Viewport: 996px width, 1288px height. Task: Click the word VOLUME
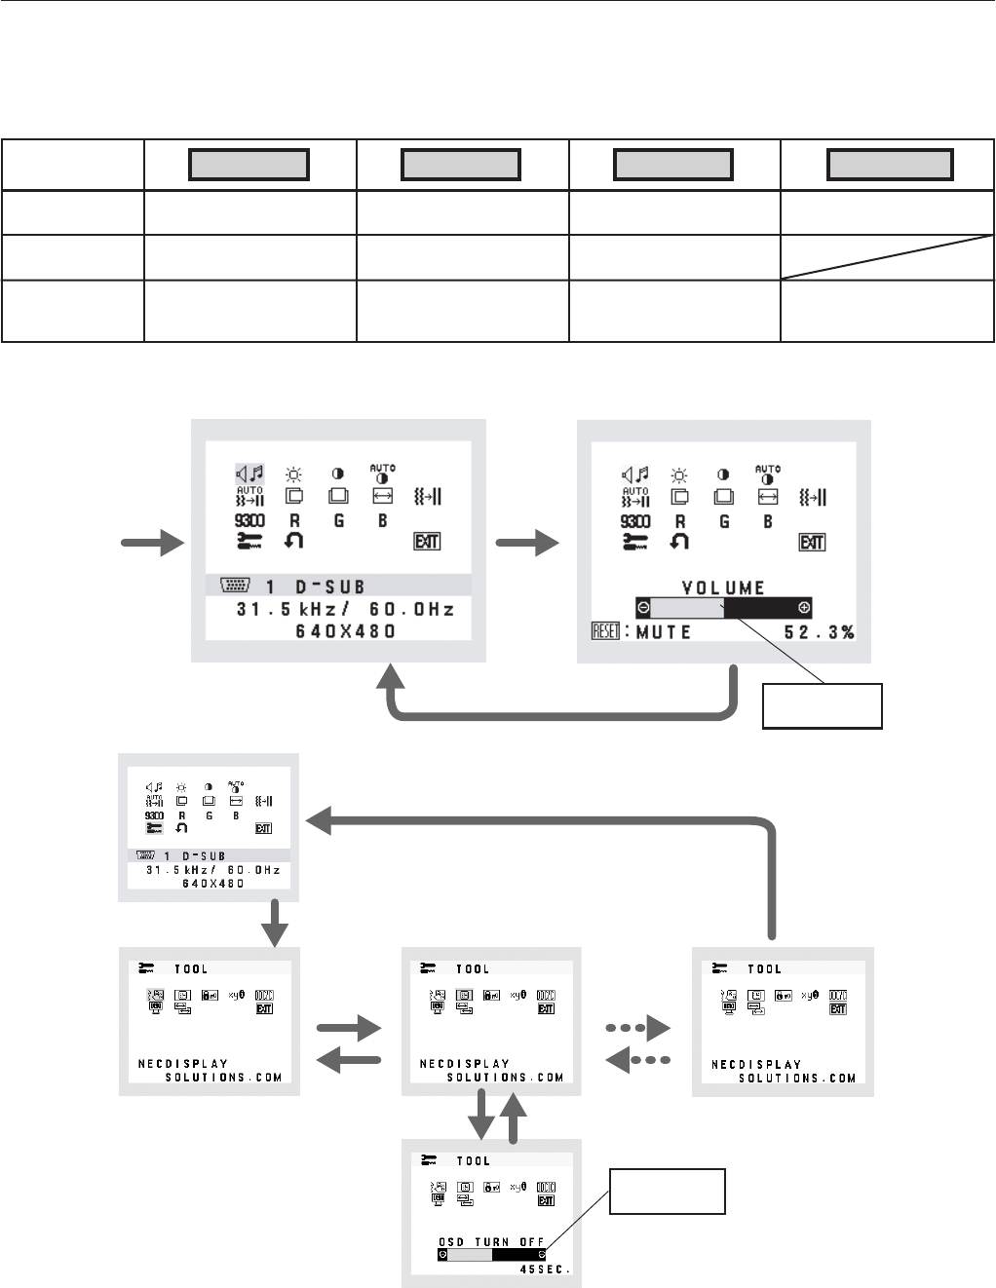723,587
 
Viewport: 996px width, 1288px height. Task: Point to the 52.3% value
820,632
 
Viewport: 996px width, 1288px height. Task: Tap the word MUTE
664,632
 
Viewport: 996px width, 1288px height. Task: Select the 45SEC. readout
545,1269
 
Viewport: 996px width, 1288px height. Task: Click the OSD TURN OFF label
491,1242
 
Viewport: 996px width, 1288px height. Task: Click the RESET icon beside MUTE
605,631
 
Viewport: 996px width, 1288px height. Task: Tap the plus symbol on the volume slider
804,608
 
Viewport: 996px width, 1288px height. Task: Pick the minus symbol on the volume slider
643,608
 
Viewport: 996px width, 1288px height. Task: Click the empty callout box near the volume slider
823,706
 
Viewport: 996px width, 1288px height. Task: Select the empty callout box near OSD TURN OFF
668,1192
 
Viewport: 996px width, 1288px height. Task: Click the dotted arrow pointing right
638,1028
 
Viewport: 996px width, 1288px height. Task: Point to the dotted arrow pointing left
638,1060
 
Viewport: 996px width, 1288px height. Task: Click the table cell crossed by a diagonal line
887,257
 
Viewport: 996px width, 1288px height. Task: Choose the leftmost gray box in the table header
249,165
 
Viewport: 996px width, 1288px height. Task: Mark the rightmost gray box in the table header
890,165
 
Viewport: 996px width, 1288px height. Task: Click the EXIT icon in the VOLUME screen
812,543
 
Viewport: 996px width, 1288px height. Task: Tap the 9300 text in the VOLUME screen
635,521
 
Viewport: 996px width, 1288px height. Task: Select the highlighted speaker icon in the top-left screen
249,474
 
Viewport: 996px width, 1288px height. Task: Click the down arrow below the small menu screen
276,923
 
